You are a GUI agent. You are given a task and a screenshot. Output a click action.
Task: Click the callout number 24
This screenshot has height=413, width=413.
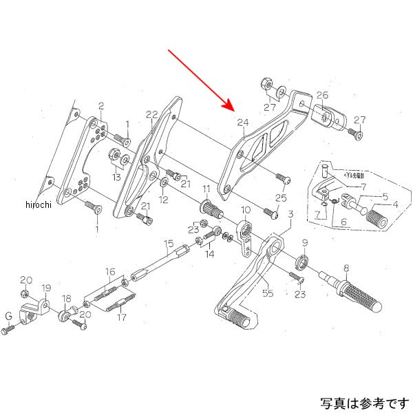pos(242,123)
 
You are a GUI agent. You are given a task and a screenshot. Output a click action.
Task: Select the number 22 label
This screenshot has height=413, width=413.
pos(152,114)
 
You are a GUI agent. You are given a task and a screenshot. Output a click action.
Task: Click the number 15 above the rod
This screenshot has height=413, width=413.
pos(168,243)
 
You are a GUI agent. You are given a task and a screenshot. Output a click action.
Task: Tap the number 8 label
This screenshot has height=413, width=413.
pos(346,267)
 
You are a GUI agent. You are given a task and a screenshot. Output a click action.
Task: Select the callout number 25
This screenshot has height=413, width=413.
pos(280,198)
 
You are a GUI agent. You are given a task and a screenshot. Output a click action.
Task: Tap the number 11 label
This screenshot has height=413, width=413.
pos(206,189)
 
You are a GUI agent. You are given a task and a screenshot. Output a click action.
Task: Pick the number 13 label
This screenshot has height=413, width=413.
pos(116,178)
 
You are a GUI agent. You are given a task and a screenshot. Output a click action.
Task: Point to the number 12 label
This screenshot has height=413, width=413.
pos(164,200)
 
